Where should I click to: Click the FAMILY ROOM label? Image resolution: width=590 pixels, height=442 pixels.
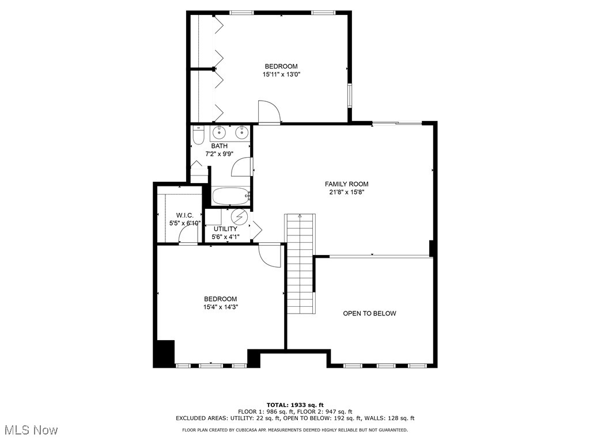click(x=346, y=184)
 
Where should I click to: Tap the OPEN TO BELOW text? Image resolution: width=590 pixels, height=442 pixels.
click(x=369, y=314)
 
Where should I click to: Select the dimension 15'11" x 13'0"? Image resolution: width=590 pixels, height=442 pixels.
click(x=281, y=74)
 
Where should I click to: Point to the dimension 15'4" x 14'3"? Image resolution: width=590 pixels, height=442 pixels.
click(x=220, y=307)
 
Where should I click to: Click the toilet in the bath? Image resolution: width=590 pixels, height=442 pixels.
click(x=198, y=136)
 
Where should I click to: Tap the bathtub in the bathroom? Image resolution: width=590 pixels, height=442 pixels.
click(x=231, y=196)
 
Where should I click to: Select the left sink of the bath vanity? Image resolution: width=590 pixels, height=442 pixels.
click(x=219, y=133)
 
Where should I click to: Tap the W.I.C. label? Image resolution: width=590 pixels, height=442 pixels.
click(x=185, y=215)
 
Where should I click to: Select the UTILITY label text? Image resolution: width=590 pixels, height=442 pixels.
click(x=225, y=229)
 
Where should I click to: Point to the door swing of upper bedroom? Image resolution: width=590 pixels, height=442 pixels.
click(x=268, y=112)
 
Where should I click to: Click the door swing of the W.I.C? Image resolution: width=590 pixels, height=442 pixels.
click(x=187, y=235)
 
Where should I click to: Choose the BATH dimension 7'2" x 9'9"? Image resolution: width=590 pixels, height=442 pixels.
click(x=219, y=154)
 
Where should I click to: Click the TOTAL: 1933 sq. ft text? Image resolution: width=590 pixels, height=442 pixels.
click(x=294, y=405)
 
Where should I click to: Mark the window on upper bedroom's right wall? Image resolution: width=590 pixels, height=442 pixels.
click(x=349, y=96)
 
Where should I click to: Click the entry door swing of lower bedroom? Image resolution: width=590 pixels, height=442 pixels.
click(x=269, y=254)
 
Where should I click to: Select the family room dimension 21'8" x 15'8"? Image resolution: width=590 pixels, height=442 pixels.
click(x=346, y=192)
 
